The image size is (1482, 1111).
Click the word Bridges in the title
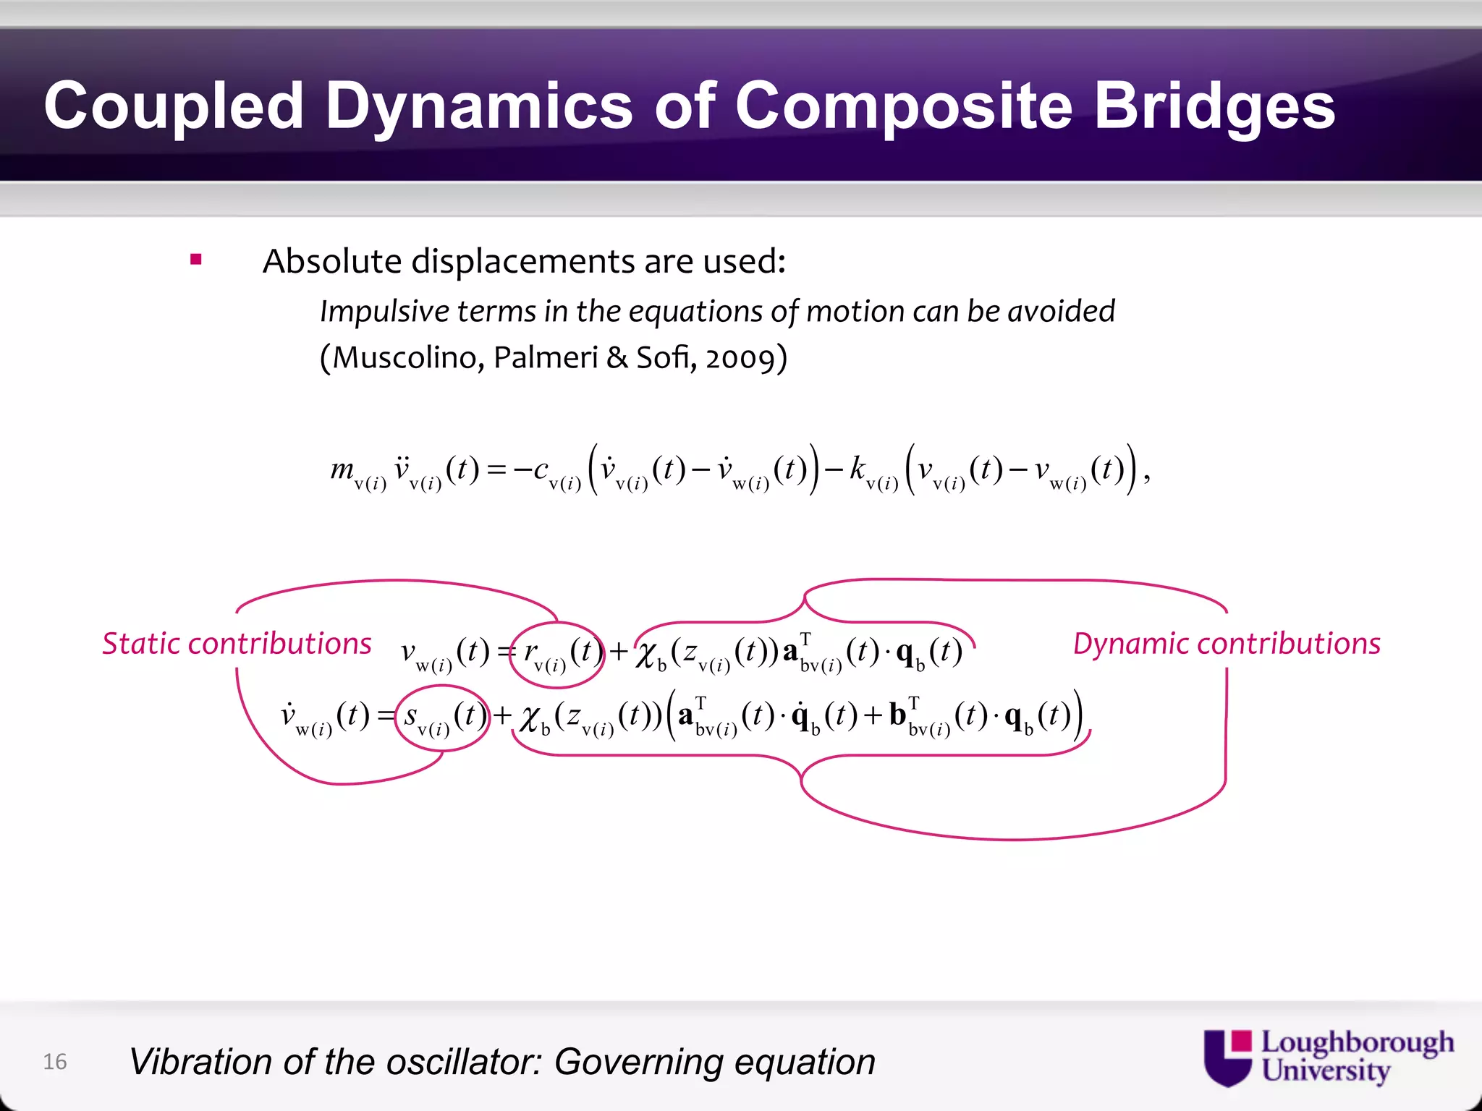(x=1214, y=106)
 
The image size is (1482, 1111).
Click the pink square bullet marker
(x=195, y=259)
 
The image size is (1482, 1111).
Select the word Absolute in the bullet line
(x=332, y=261)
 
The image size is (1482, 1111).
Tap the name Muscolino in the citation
(x=407, y=358)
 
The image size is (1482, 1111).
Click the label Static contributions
(x=237, y=643)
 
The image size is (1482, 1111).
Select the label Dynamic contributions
(x=1227, y=643)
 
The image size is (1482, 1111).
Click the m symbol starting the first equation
(x=342, y=470)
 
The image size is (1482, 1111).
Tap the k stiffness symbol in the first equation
(x=858, y=469)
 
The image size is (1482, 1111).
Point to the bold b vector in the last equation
(x=898, y=715)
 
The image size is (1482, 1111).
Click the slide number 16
(x=55, y=1062)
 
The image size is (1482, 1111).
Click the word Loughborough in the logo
(x=1357, y=1042)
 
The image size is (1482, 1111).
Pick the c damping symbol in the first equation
(x=541, y=470)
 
